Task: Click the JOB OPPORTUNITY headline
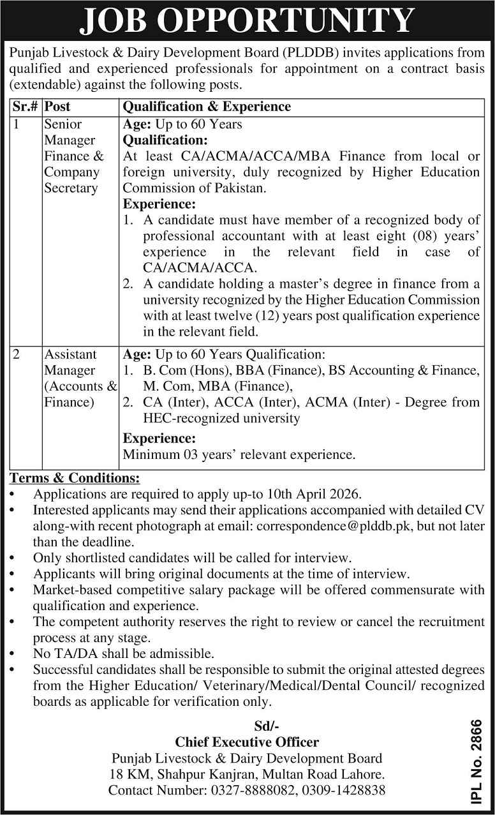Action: [247, 20]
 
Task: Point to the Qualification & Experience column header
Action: [207, 107]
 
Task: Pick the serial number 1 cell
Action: [17, 124]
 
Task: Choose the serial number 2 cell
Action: [18, 354]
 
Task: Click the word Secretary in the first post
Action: [71, 188]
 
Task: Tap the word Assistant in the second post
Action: [70, 354]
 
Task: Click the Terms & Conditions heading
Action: [75, 478]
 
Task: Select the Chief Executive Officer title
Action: [247, 742]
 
